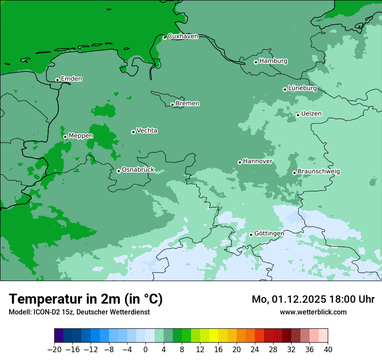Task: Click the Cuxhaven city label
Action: (x=183, y=36)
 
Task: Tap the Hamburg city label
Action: (x=273, y=61)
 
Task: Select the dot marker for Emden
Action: (x=57, y=80)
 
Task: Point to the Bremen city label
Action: (x=188, y=104)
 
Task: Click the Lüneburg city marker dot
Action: (x=285, y=89)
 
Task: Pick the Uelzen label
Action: (x=311, y=114)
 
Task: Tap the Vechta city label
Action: (x=147, y=131)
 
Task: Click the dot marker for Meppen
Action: (x=65, y=137)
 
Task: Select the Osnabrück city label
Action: (x=138, y=170)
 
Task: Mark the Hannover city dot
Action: (x=240, y=162)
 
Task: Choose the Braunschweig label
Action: (x=319, y=172)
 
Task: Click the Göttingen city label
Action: (x=269, y=233)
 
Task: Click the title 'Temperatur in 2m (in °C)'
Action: (x=86, y=299)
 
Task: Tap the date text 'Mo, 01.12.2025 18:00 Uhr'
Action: (x=313, y=299)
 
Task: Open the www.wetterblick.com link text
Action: (x=313, y=312)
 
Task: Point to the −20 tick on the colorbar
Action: (x=54, y=350)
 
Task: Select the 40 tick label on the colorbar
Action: (x=328, y=350)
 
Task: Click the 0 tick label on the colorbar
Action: (x=145, y=350)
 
